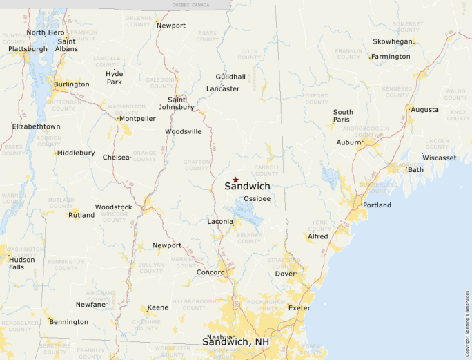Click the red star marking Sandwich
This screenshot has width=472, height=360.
click(235, 180)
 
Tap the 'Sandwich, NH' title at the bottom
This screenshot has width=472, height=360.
click(235, 341)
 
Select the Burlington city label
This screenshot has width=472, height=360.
click(72, 84)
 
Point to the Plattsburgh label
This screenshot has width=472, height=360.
click(28, 49)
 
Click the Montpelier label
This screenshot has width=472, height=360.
click(137, 118)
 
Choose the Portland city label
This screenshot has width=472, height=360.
click(377, 205)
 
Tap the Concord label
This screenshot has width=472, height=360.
click(210, 272)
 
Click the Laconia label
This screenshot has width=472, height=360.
click(220, 222)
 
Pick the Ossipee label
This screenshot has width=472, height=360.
click(257, 199)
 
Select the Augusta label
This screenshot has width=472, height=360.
click(425, 109)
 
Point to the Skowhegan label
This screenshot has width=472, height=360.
click(393, 41)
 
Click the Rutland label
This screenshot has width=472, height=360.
click(81, 215)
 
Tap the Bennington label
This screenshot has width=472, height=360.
click(69, 322)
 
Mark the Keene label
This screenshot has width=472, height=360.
click(158, 307)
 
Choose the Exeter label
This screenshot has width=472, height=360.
click(299, 307)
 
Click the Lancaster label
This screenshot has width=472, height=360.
click(223, 88)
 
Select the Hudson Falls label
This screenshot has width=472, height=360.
click(21, 263)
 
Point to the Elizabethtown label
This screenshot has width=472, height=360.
click(37, 126)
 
